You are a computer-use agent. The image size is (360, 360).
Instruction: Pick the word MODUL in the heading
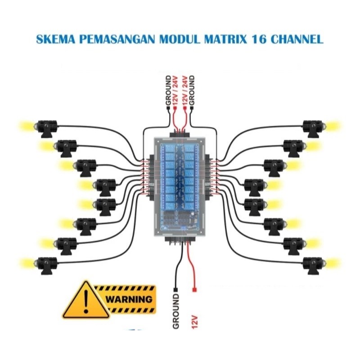pyautogui.click(x=178, y=39)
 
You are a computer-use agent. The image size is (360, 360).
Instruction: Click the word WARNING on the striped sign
pyautogui.click(x=129, y=298)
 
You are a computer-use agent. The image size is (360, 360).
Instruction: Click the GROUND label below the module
pyautogui.click(x=176, y=311)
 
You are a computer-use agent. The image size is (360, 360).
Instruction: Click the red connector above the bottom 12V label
pyautogui.click(x=194, y=289)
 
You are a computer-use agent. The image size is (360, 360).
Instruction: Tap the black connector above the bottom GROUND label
pyautogui.click(x=176, y=289)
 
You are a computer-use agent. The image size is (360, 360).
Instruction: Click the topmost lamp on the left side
pyautogui.click(x=45, y=127)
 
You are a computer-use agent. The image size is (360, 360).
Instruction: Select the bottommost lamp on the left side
pyautogui.click(x=45, y=264)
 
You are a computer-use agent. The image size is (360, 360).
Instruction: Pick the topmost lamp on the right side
pyautogui.click(x=313, y=127)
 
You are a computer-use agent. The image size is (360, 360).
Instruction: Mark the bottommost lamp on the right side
pyautogui.click(x=313, y=264)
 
